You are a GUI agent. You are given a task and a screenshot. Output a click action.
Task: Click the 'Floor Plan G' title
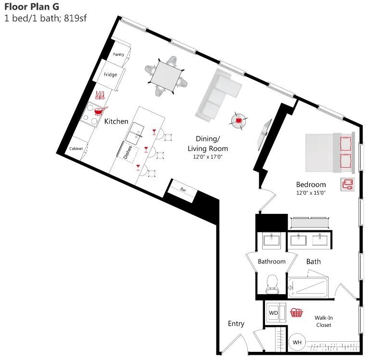click(x=32, y=7)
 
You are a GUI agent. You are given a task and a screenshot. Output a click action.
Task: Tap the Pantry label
click(x=118, y=54)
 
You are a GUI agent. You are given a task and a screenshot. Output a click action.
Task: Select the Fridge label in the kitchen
click(x=110, y=74)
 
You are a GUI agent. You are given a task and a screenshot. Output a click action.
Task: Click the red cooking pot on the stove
click(x=99, y=111)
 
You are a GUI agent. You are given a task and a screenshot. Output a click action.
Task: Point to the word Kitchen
click(x=116, y=122)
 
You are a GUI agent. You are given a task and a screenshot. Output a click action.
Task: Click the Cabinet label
click(x=76, y=149)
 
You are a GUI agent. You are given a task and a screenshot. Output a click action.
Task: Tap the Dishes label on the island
click(x=127, y=152)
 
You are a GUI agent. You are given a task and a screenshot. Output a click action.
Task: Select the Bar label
click(x=183, y=190)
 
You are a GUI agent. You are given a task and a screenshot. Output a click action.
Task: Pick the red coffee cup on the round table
click(x=238, y=120)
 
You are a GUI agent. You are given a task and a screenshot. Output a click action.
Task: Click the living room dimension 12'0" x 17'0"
click(x=208, y=157)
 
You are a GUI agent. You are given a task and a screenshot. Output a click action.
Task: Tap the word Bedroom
click(x=311, y=185)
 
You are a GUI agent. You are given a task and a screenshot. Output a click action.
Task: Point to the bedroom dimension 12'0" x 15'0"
click(x=311, y=193)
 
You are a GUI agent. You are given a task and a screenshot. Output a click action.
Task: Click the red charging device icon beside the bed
click(x=347, y=184)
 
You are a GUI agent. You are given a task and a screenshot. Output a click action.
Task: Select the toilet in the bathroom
click(x=272, y=283)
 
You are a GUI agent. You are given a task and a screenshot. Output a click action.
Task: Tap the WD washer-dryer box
click(x=274, y=313)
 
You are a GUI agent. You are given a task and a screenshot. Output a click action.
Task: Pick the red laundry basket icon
click(x=296, y=313)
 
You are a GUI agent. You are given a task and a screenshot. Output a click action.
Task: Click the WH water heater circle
click(x=297, y=342)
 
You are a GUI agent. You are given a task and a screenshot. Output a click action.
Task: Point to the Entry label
click(x=236, y=323)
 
